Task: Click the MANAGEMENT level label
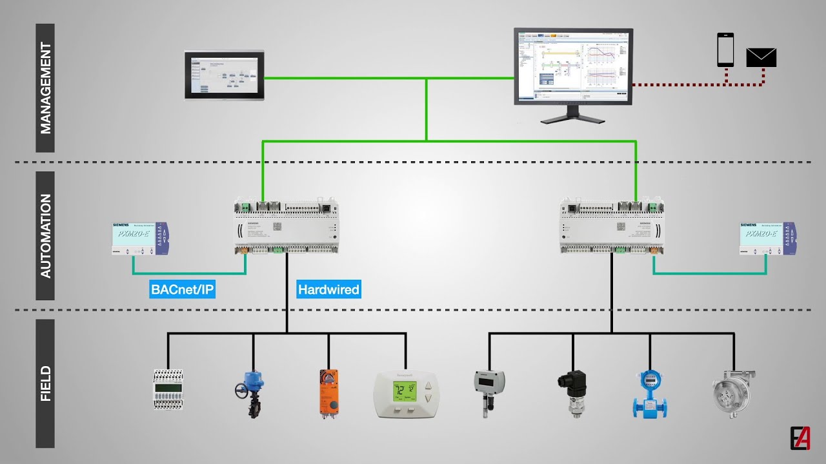pos(45,88)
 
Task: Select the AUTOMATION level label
pos(45,236)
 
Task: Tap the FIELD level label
pos(45,383)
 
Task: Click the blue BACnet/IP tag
pos(182,289)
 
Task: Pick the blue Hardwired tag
pos(328,289)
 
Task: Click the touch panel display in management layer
pos(224,75)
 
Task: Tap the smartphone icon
pos(725,50)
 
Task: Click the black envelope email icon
pos(761,57)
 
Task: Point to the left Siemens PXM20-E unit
pos(139,238)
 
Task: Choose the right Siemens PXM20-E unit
pos(767,238)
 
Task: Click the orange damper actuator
pos(328,392)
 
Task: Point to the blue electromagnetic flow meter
pos(649,392)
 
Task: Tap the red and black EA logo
pos(800,438)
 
